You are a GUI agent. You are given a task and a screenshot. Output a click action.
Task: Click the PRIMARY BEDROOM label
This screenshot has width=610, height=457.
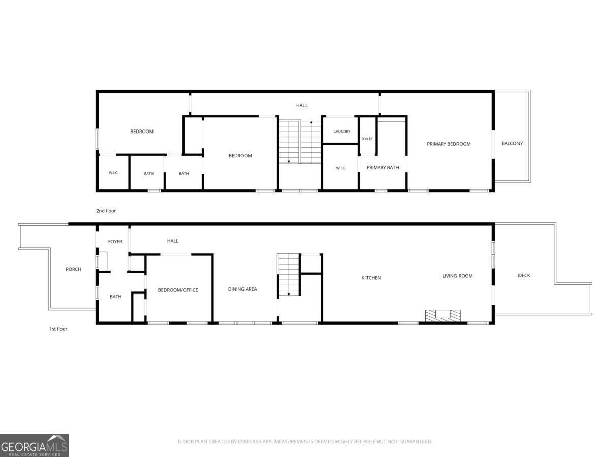448,144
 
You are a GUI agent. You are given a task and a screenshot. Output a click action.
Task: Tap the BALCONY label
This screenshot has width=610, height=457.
512,143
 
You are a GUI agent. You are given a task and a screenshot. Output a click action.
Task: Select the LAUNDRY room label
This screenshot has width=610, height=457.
342,131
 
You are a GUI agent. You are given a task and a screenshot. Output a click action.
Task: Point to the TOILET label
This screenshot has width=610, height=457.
367,139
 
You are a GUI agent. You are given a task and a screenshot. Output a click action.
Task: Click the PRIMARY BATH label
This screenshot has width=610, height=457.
382,168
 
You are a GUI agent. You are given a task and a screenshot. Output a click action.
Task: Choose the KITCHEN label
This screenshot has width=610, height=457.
371,278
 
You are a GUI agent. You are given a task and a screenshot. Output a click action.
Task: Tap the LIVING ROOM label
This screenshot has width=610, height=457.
457,276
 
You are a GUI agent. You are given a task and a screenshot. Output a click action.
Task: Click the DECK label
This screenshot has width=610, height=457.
524,275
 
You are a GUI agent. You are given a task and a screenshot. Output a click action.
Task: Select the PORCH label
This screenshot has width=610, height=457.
73,269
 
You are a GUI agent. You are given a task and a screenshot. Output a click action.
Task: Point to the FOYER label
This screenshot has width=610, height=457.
115,241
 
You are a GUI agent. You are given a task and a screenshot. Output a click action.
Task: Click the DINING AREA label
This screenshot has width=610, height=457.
242,289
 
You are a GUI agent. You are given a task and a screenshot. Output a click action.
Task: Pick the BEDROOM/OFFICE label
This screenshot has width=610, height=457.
178,290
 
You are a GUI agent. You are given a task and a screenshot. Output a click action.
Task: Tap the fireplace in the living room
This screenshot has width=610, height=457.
443,316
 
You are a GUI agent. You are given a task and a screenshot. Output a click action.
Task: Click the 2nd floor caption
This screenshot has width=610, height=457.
106,211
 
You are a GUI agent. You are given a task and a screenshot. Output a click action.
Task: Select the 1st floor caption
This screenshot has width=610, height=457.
58,329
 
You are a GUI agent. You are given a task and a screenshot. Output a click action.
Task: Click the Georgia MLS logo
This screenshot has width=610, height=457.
35,445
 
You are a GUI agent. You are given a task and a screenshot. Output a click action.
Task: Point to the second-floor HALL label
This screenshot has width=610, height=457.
301,105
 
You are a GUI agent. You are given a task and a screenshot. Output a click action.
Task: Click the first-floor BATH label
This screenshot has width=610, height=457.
115,297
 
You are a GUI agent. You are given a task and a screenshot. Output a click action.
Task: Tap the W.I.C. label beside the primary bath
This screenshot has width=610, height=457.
341,168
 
